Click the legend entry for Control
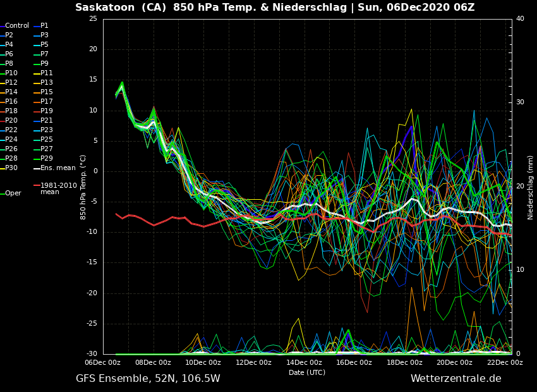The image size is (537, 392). tap(17, 26)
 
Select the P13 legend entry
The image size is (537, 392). tap(47, 83)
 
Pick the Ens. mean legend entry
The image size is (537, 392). tap(57, 168)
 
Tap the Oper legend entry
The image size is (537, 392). tap(13, 193)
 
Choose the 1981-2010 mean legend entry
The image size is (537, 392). tap(58, 188)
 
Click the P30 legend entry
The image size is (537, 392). tap(11, 168)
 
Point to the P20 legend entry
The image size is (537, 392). tap(11, 121)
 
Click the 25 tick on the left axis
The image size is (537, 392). tap(93, 19)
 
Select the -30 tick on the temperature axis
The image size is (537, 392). tap(92, 354)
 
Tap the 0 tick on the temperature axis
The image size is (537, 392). tap(95, 171)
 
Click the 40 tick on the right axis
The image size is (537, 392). tap(520, 19)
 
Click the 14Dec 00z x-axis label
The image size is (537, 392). tap(304, 363)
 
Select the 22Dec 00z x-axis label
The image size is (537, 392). tap(505, 363)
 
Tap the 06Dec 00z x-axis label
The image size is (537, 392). tap(103, 363)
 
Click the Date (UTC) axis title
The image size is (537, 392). tap(307, 372)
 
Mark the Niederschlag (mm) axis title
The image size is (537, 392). tap(531, 187)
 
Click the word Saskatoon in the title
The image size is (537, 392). tap(100, 8)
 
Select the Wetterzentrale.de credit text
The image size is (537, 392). tap(456, 379)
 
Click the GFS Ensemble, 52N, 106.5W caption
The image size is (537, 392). tap(148, 379)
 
